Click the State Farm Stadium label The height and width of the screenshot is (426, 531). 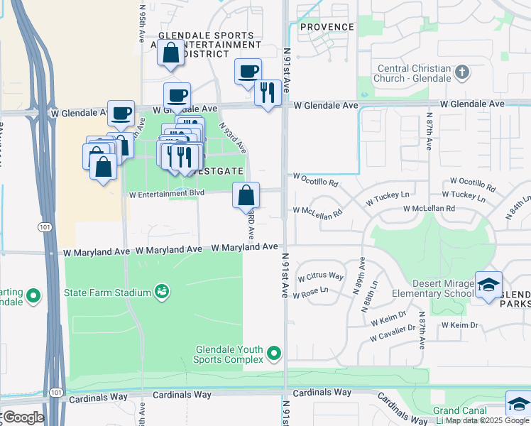coord(107,293)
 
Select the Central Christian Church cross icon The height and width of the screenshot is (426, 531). coord(462,72)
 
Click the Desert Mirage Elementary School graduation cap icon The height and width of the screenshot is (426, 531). coord(488,285)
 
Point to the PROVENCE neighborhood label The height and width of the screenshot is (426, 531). coord(327,27)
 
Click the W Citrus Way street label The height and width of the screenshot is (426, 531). coord(320,276)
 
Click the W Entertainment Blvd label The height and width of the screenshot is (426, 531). coord(166,193)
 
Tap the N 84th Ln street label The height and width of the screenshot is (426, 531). coord(518,208)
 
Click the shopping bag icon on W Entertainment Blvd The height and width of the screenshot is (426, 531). coord(246,195)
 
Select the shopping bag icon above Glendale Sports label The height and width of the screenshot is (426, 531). coord(170,53)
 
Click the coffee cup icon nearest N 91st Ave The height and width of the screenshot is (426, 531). coord(248,71)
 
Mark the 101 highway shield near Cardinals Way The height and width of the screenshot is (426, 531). coord(55,392)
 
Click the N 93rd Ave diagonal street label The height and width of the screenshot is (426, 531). coord(232,137)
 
